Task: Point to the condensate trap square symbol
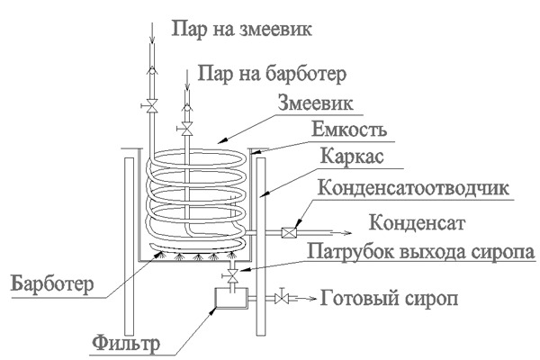pyautogui.click(x=290, y=230)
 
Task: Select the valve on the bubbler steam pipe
pyautogui.click(x=187, y=131)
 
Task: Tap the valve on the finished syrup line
pyautogui.click(x=284, y=295)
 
